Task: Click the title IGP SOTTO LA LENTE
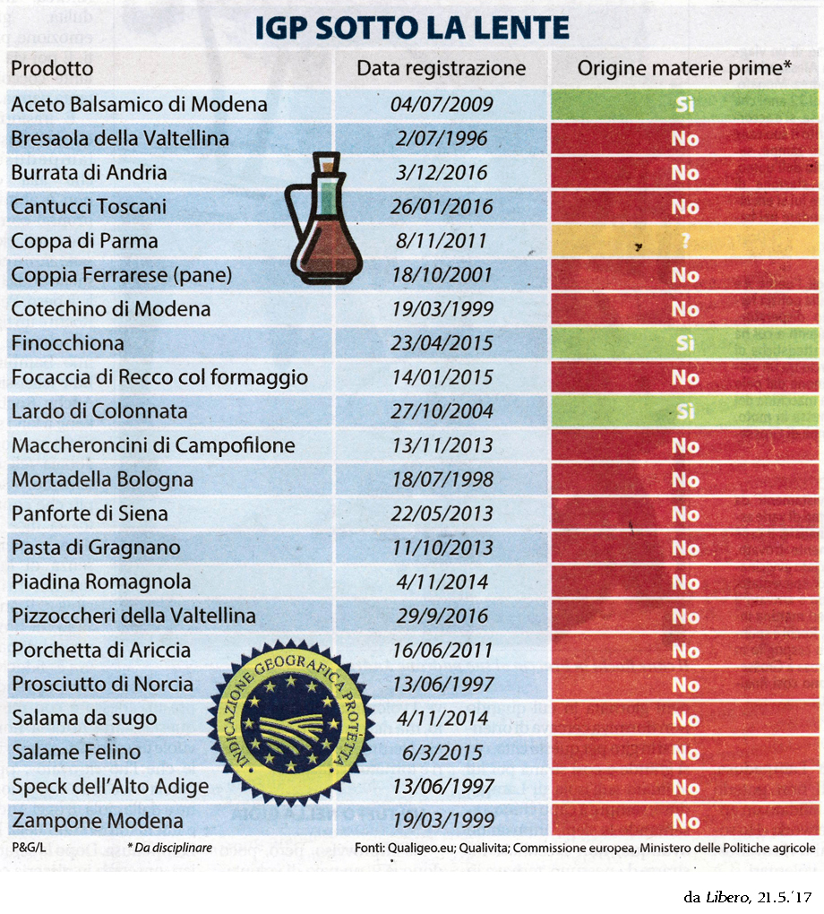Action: click(x=412, y=29)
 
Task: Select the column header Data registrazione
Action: click(x=441, y=69)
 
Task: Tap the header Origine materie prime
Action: click(x=684, y=69)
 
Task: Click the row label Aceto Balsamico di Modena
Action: click(x=139, y=104)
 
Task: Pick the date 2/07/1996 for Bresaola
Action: click(x=441, y=139)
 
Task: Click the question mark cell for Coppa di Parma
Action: click(x=685, y=241)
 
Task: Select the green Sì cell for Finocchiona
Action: click(x=685, y=343)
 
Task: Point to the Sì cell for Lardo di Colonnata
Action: click(x=685, y=412)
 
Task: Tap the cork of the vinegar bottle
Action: click(x=329, y=164)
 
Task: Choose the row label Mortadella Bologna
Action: click(x=102, y=479)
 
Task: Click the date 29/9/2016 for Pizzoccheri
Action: click(x=441, y=617)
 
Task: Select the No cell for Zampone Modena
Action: click(x=685, y=821)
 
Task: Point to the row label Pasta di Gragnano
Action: click(x=96, y=548)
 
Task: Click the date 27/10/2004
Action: click(x=441, y=411)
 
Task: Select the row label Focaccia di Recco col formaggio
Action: click(x=159, y=377)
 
